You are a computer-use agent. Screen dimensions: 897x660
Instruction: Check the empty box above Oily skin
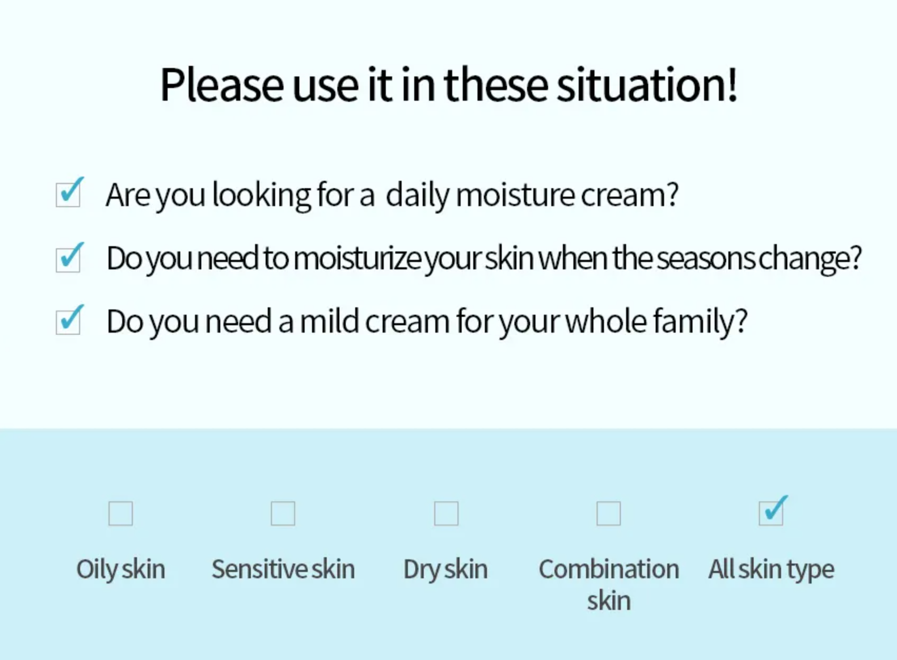[x=121, y=513]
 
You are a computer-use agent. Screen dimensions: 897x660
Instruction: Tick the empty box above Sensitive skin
[x=283, y=513]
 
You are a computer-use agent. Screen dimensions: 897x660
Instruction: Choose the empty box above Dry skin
[x=446, y=513]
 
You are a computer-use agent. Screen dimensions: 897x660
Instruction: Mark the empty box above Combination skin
[x=609, y=513]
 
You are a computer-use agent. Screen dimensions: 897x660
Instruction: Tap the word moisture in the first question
[x=516, y=195]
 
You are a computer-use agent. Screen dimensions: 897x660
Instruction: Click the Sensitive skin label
[x=284, y=569]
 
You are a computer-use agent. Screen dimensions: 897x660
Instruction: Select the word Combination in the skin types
[x=609, y=569]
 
